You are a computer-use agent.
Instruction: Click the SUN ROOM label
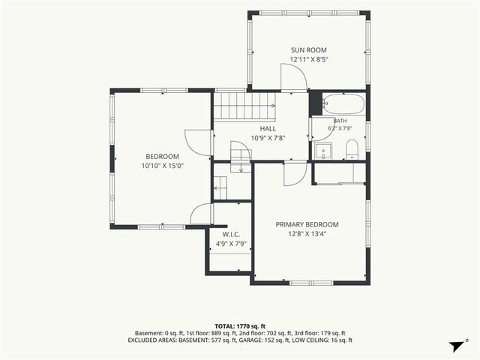(308, 50)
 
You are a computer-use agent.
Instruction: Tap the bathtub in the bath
(343, 104)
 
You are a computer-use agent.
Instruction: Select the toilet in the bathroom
(352, 150)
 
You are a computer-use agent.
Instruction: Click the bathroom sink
(323, 151)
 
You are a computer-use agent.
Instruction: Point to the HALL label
(268, 128)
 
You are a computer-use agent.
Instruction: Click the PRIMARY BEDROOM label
(307, 225)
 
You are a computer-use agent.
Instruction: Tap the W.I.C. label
(231, 235)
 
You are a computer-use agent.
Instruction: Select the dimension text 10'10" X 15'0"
(163, 166)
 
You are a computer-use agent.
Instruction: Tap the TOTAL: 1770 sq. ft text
(240, 326)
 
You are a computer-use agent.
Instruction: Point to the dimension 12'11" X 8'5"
(309, 59)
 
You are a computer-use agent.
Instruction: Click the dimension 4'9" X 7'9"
(231, 244)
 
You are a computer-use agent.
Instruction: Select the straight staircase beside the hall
(244, 106)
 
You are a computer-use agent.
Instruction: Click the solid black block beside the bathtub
(315, 103)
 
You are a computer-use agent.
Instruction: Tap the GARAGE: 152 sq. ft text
(262, 340)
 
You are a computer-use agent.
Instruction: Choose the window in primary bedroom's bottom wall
(311, 283)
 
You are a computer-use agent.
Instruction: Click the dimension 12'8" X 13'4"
(307, 234)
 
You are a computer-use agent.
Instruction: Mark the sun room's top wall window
(309, 13)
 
